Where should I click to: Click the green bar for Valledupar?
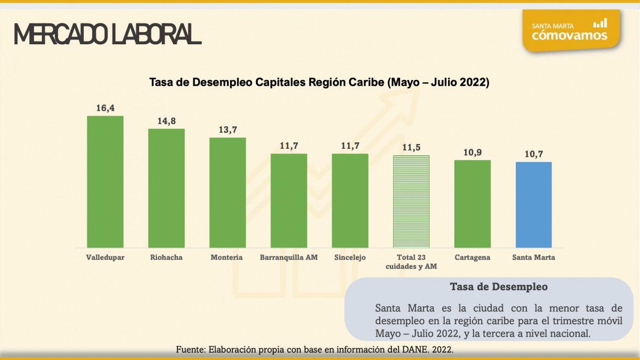[105, 181]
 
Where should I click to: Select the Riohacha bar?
[166, 188]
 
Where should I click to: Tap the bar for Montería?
[228, 192]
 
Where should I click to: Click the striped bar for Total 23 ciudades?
[411, 201]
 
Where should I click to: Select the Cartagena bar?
[473, 203]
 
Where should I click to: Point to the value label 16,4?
[105, 108]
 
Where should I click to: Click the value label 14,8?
[166, 121]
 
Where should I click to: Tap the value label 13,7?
[228, 130]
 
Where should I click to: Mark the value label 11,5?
[411, 148]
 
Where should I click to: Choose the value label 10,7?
[533, 154]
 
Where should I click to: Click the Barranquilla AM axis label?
[289, 257]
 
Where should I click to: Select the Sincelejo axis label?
[350, 257]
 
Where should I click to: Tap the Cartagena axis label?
[473, 257]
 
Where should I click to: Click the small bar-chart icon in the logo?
[600, 23]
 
